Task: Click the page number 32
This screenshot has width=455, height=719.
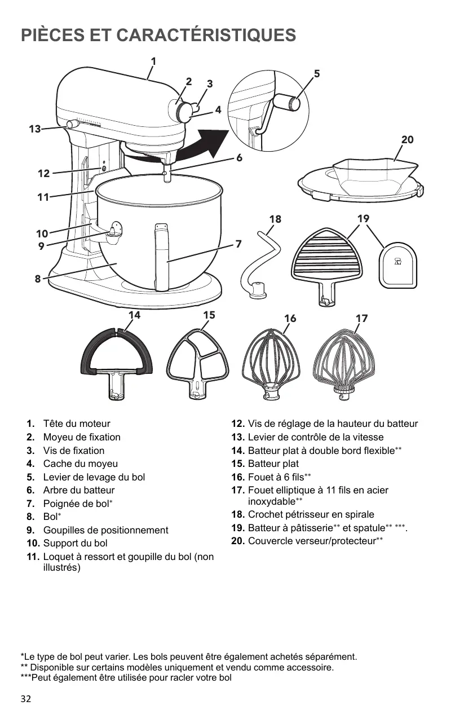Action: pos(26,699)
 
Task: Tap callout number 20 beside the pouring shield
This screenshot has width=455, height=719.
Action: pos(407,140)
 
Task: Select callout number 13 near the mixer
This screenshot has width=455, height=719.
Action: pos(35,129)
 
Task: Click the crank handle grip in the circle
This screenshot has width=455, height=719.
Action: pos(293,103)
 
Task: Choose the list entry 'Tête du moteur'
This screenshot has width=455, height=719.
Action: pos(77,424)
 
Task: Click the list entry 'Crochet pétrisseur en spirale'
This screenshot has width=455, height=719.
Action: pos(311,515)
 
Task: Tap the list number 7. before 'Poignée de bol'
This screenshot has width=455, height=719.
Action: pos(31,504)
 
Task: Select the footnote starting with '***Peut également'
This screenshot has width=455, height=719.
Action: pos(126,678)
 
